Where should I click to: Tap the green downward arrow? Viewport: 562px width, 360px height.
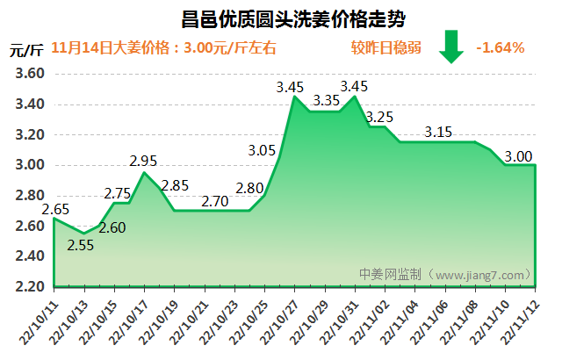(x=451, y=47)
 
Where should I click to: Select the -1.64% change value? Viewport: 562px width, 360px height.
(x=500, y=47)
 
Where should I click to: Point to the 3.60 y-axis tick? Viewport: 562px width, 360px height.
(x=31, y=75)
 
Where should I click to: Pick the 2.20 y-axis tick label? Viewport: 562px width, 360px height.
(x=31, y=286)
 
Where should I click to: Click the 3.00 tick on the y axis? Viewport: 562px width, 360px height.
(x=31, y=165)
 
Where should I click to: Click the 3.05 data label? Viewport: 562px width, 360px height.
(x=263, y=150)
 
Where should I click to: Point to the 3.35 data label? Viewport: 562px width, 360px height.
(x=326, y=100)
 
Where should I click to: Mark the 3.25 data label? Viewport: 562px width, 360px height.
(x=379, y=117)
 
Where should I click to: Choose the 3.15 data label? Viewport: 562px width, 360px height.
(x=437, y=133)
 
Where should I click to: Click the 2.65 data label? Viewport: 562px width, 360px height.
(x=55, y=209)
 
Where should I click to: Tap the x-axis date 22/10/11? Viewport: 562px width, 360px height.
(x=40, y=321)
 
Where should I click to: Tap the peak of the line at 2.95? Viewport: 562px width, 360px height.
(x=144, y=173)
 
